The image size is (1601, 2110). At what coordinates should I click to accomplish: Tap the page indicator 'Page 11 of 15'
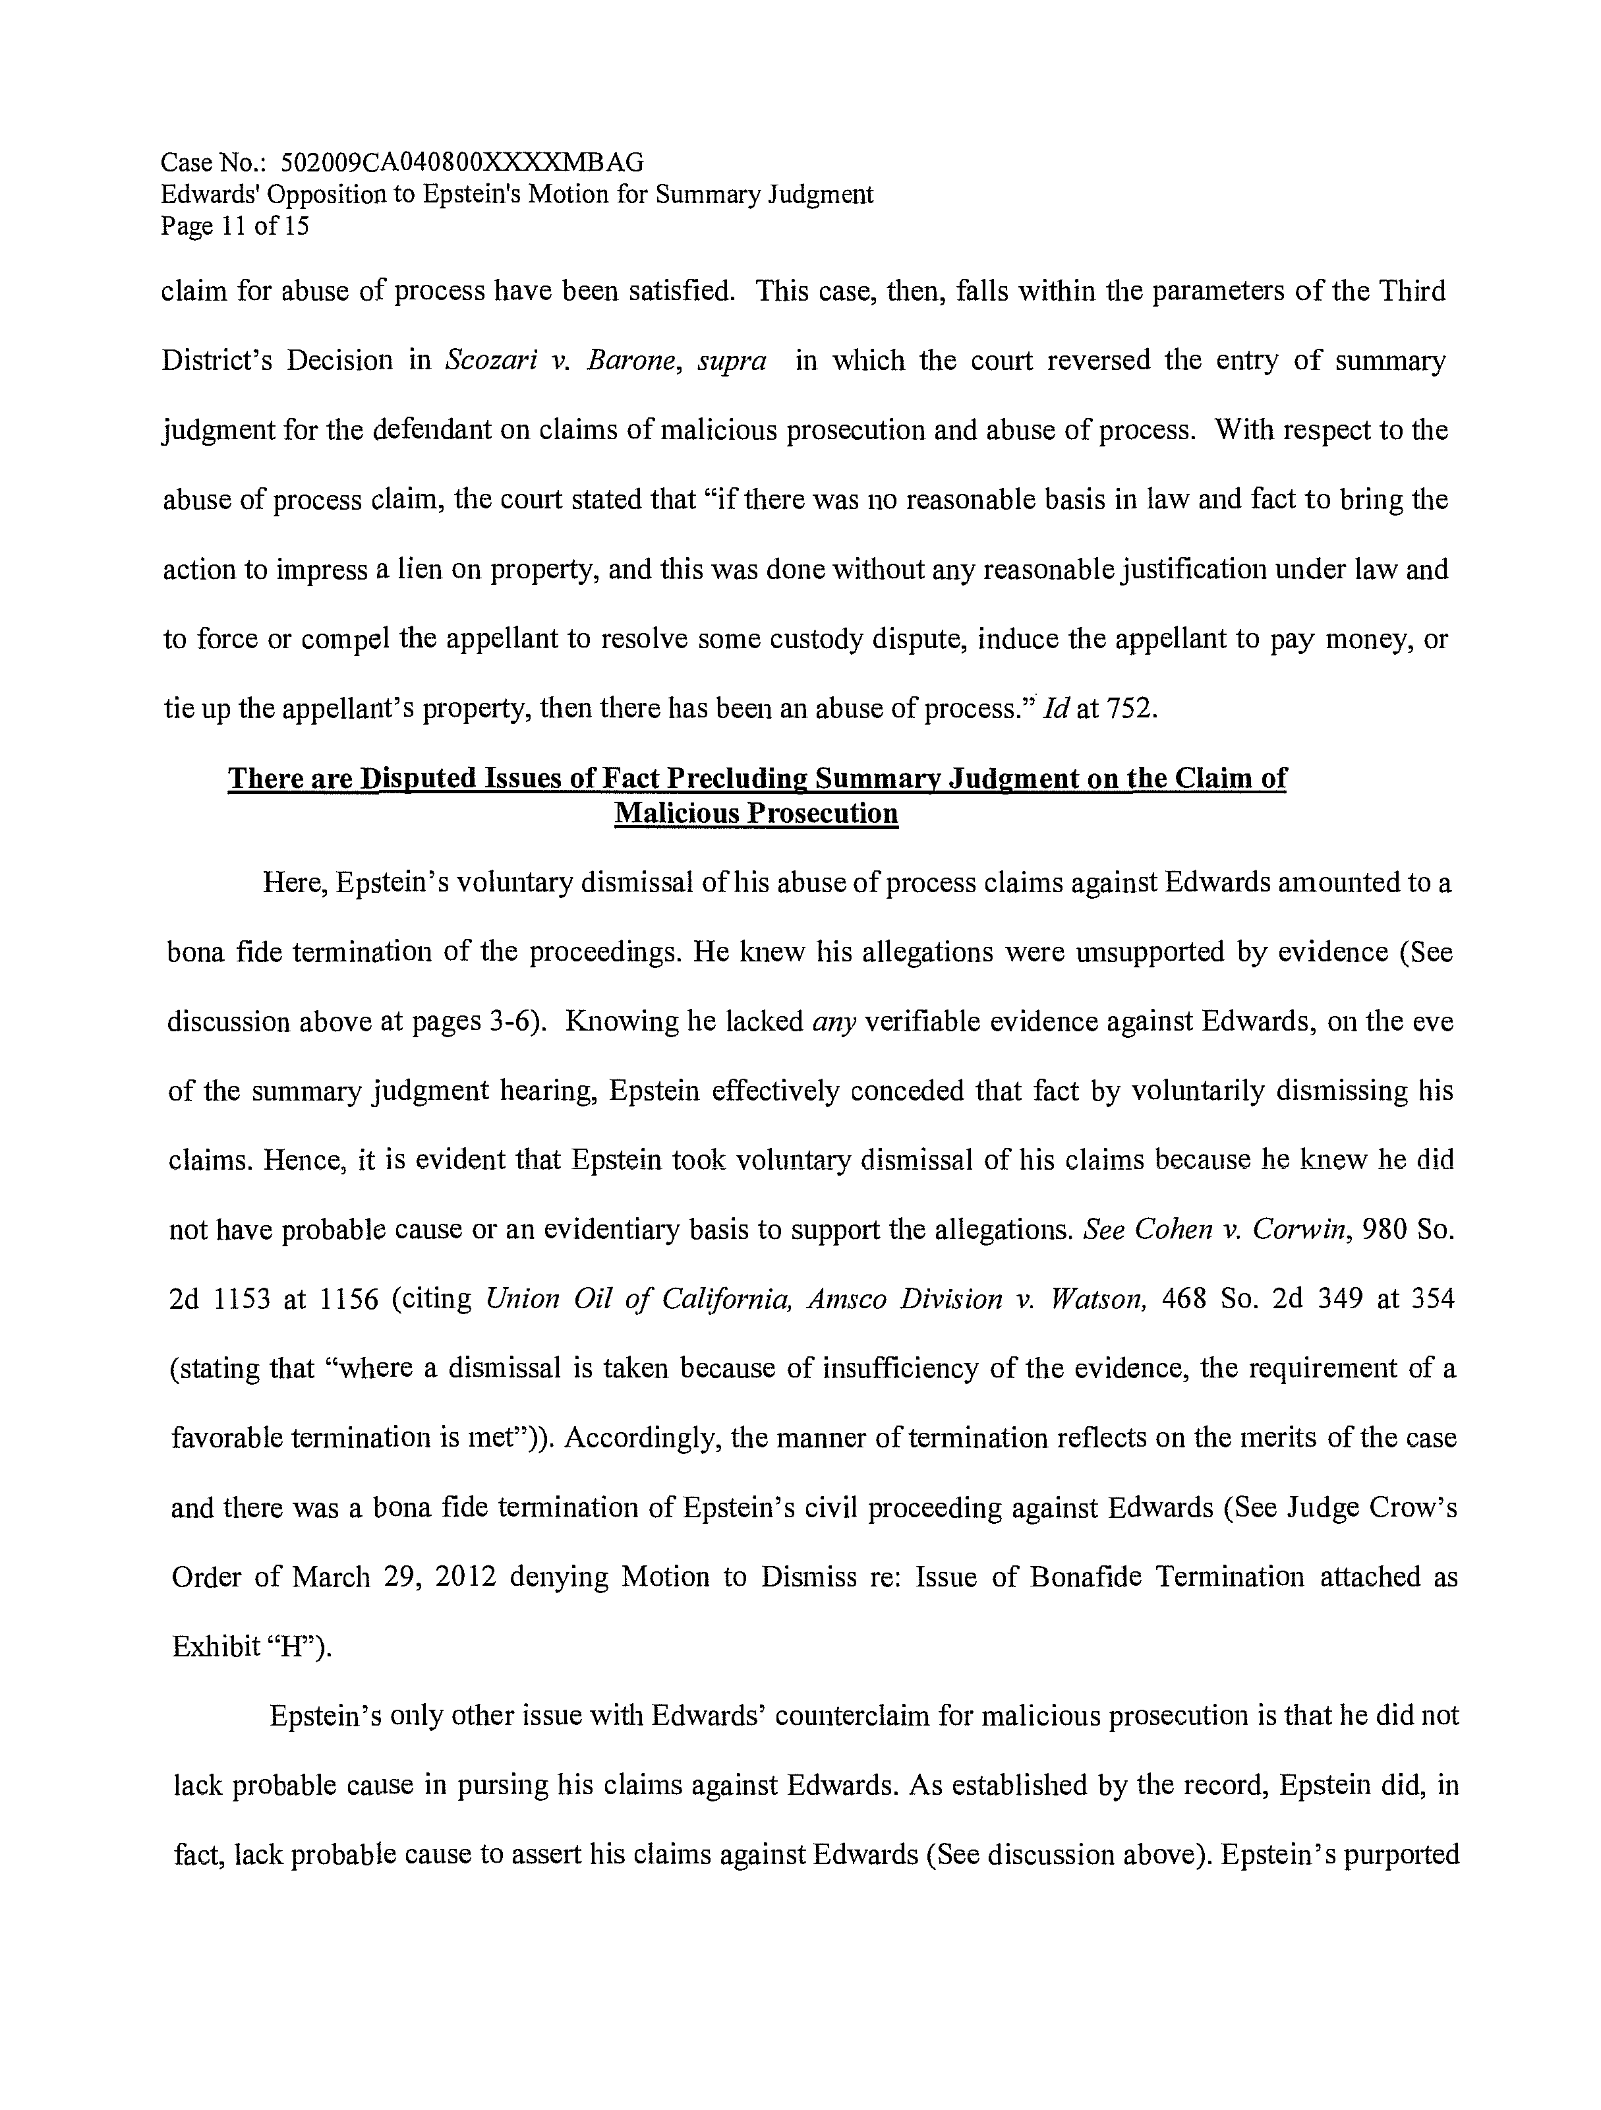[x=235, y=226]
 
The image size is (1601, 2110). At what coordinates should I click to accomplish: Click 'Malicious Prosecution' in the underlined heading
[x=756, y=814]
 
